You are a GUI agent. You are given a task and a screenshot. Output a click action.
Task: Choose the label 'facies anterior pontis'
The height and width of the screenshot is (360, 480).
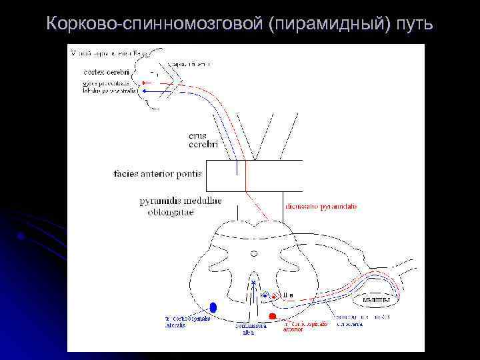(157, 175)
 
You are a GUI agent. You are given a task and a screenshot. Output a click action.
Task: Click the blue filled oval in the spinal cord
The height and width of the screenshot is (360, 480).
(213, 307)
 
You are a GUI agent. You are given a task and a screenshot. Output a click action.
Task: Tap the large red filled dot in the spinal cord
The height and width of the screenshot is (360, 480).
(272, 315)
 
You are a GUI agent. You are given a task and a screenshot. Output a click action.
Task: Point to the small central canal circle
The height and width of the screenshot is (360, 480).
(253, 253)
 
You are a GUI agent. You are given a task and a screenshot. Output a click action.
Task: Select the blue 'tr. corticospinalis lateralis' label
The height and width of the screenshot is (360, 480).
(187, 321)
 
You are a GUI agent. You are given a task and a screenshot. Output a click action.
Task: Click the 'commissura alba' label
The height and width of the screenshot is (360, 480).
(250, 329)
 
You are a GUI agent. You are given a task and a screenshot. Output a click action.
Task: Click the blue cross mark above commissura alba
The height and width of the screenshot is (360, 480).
(253, 283)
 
